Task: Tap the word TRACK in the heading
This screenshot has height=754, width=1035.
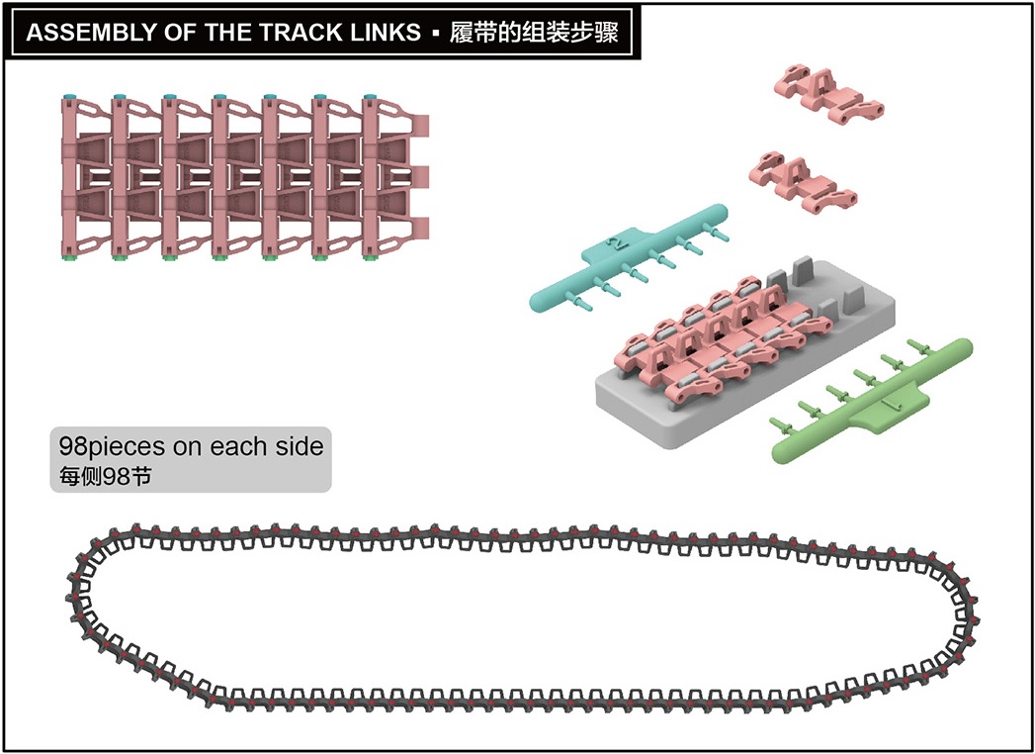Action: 296,33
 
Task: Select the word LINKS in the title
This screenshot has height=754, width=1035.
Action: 380,33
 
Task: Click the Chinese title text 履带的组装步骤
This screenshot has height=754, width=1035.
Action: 534,33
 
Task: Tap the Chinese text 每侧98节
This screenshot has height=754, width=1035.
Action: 105,477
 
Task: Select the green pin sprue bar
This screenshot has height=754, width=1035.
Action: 872,401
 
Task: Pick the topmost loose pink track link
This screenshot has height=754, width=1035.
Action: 829,94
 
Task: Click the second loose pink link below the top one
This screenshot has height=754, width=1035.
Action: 803,182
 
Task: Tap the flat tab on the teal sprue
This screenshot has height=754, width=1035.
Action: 614,243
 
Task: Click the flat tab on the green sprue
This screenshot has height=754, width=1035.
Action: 889,411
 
